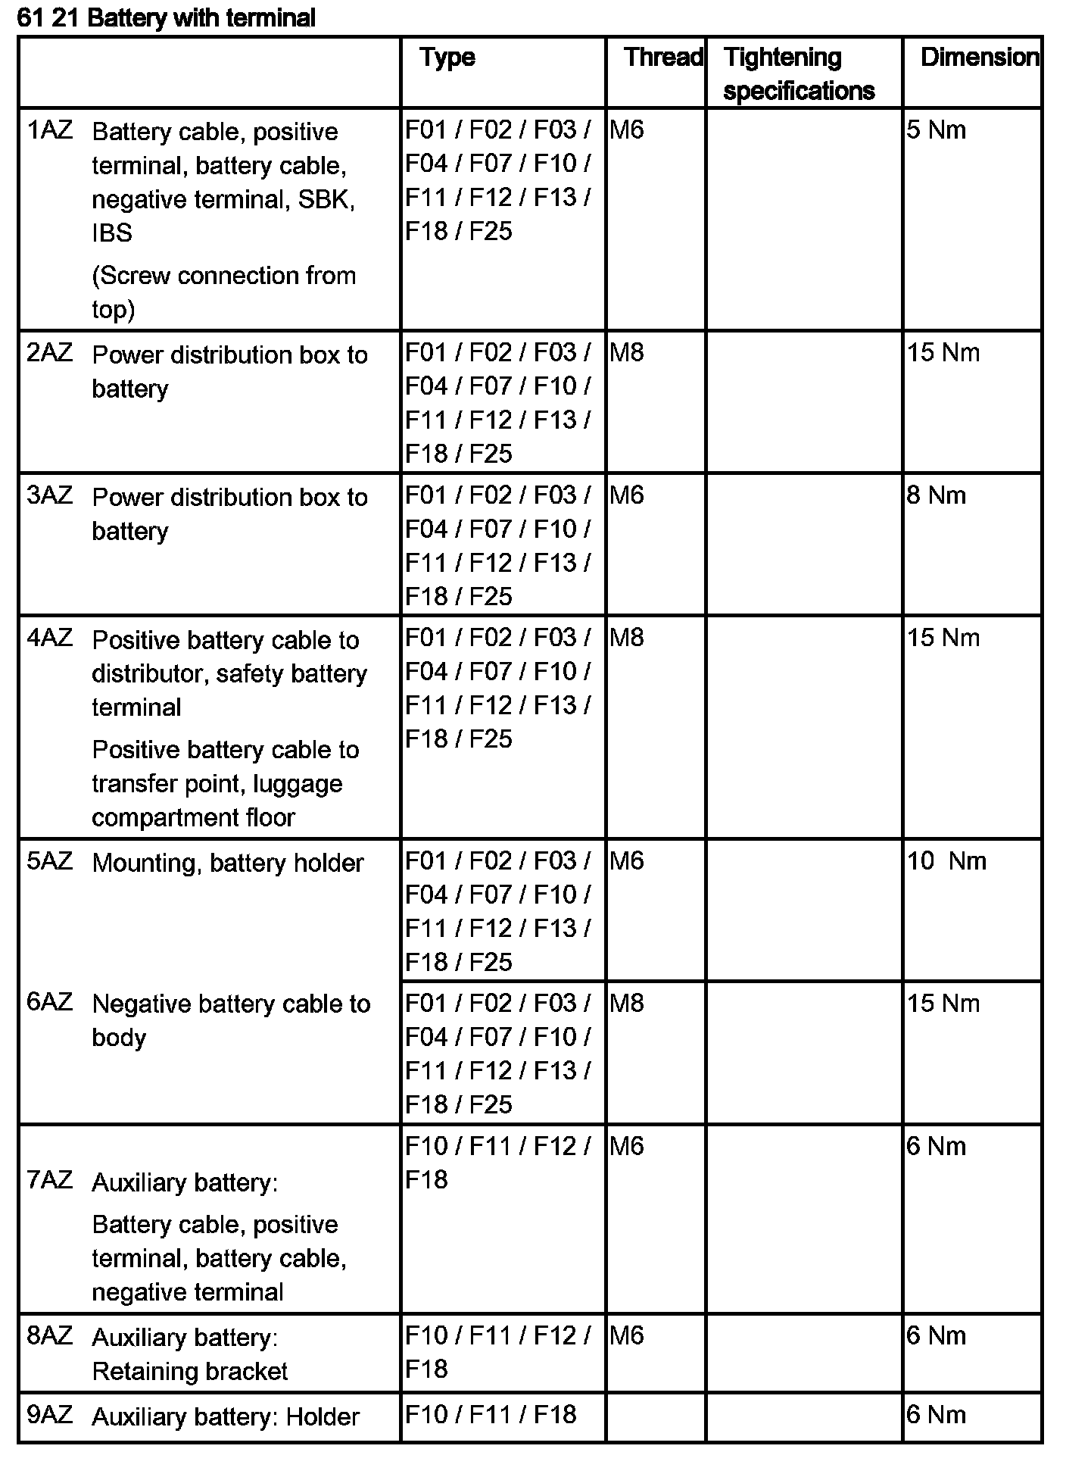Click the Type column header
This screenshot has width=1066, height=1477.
tap(447, 58)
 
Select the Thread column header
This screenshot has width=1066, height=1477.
tap(663, 58)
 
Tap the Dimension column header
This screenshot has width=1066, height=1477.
tap(979, 58)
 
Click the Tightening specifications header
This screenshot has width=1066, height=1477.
tap(799, 74)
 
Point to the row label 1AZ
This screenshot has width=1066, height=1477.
tap(50, 130)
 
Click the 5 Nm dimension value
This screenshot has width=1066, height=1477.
tap(937, 130)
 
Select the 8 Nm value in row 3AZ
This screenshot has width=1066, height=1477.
tap(937, 495)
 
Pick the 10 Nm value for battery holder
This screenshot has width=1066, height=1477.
tap(946, 861)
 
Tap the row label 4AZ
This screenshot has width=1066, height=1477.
tap(50, 638)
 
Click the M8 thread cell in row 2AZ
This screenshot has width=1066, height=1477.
tap(627, 353)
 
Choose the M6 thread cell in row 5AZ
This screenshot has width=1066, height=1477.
tap(627, 861)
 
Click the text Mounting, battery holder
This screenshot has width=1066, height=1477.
tap(227, 863)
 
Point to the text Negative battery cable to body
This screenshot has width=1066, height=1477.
tap(231, 1020)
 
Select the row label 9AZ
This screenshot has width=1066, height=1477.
tap(50, 1415)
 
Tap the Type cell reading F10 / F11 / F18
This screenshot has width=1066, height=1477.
tap(491, 1415)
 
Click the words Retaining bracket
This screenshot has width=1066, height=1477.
tap(190, 1372)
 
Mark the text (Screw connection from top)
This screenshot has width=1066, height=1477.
tap(223, 292)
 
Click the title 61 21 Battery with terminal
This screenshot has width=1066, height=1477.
tap(166, 18)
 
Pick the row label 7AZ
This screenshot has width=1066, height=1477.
tap(50, 1180)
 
